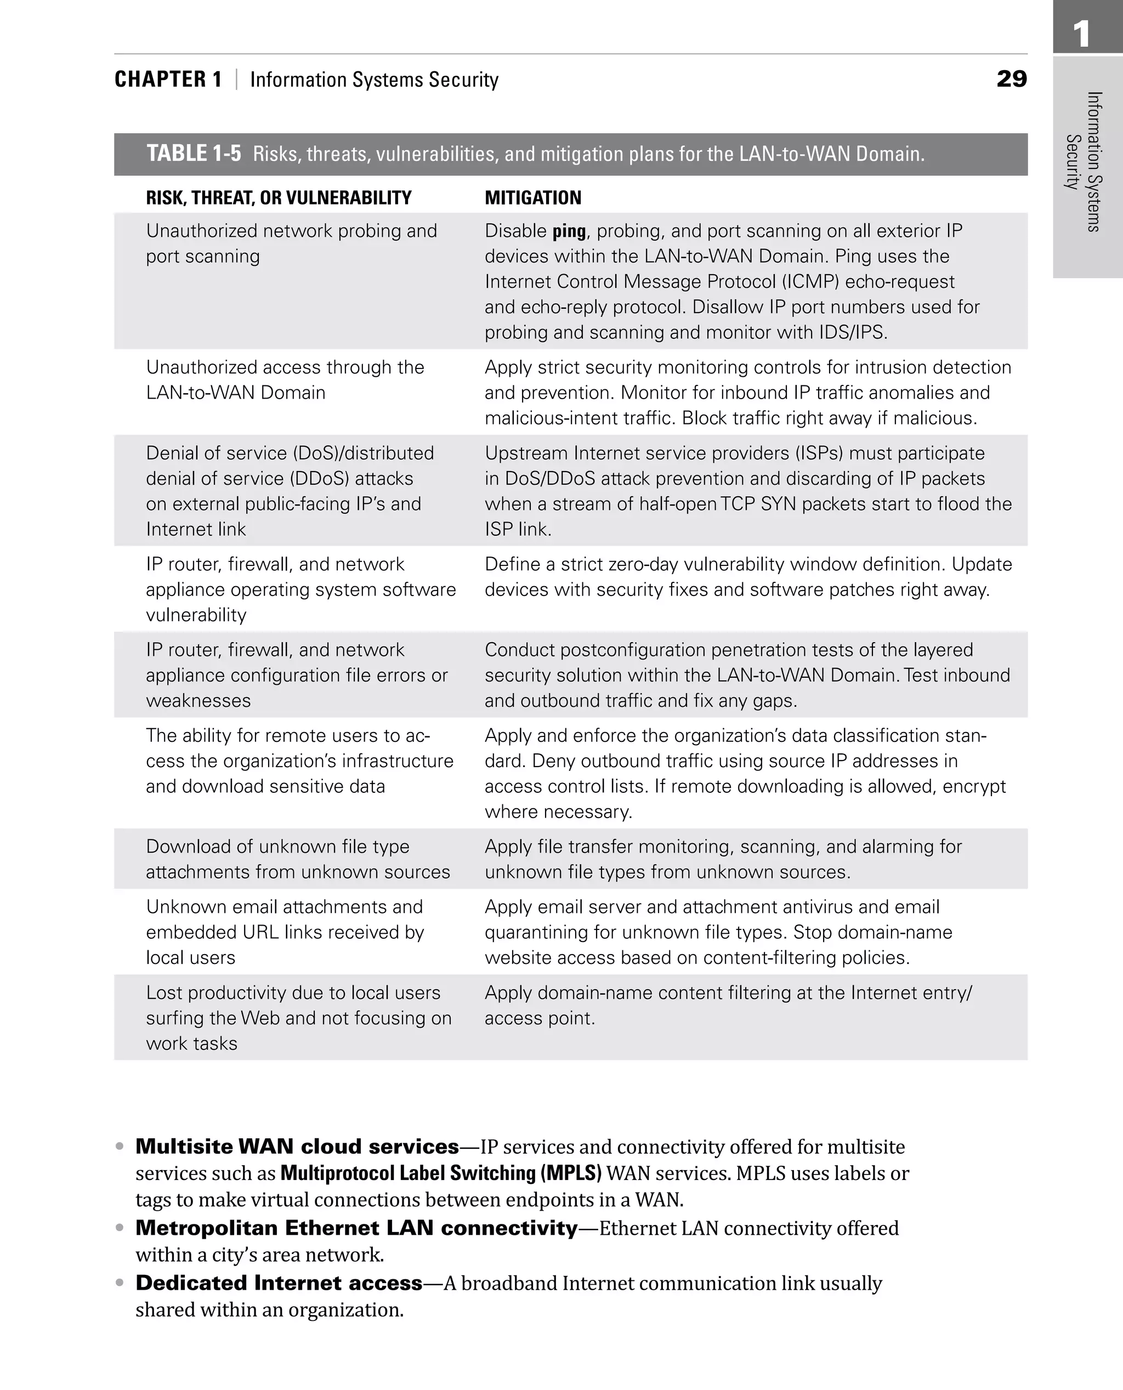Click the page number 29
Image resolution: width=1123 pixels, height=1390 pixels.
(1011, 79)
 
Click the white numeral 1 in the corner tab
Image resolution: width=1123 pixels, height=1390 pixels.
(1081, 33)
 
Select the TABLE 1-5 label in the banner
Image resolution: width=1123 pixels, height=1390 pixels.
(194, 154)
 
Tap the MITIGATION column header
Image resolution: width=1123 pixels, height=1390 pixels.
(532, 198)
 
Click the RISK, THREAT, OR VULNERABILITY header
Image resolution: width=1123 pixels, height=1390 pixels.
(278, 198)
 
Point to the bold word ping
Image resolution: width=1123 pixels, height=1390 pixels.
(569, 231)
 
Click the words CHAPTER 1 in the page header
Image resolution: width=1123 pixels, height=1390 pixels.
(168, 80)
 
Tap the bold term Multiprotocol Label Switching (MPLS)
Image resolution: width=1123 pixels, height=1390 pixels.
(440, 1173)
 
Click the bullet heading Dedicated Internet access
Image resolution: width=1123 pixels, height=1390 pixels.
(278, 1283)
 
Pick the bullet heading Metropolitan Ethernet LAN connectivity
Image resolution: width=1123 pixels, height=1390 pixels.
(356, 1228)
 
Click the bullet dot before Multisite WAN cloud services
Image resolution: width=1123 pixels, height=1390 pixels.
(119, 1146)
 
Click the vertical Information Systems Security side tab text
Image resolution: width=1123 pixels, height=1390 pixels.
(1084, 162)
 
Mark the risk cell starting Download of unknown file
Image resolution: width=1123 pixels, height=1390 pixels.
(298, 859)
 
